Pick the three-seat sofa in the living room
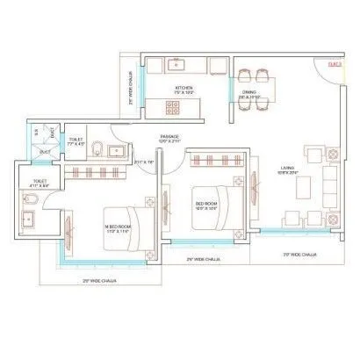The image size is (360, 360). [329, 184]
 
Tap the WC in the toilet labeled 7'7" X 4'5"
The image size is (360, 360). [102, 147]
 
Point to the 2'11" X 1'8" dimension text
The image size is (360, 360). [143, 162]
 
